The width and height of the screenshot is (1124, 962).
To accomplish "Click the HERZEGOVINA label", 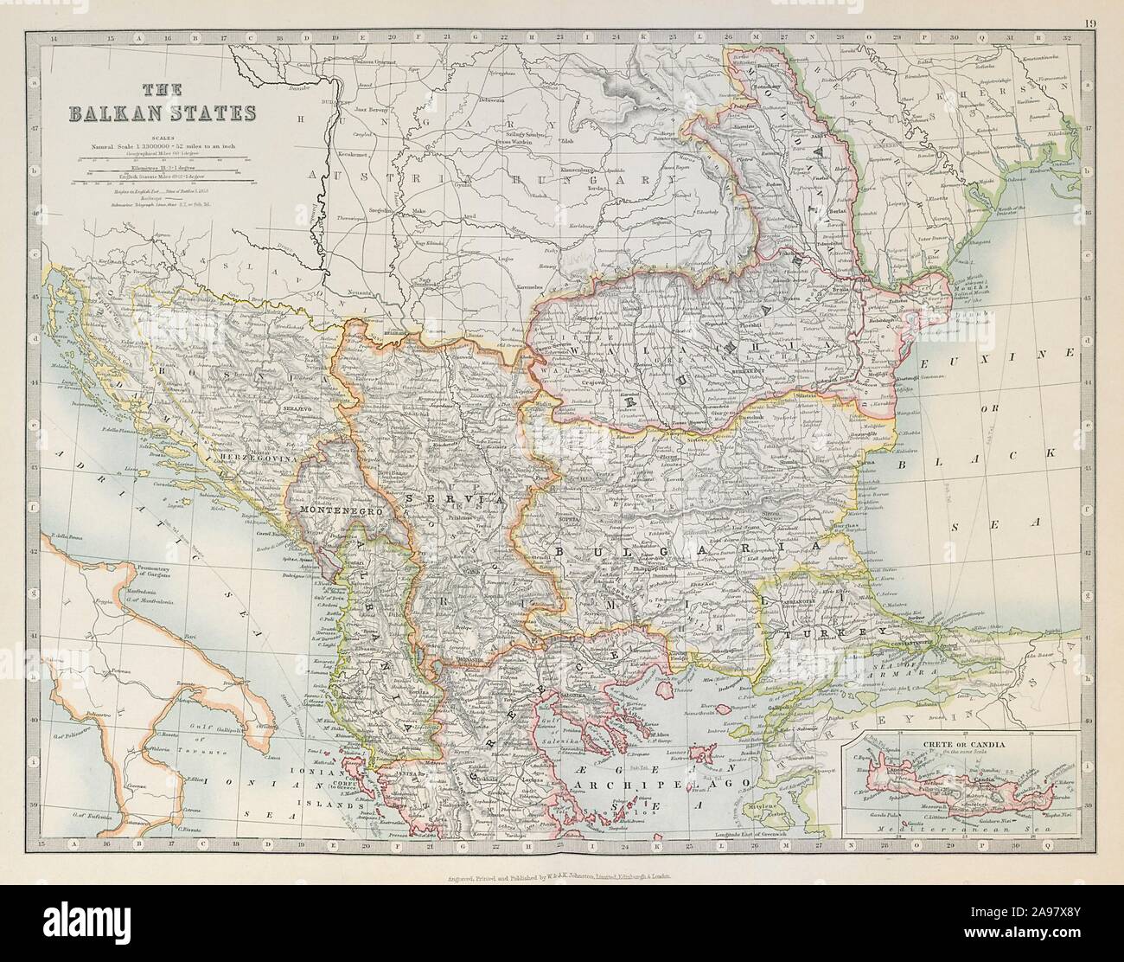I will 257,462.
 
